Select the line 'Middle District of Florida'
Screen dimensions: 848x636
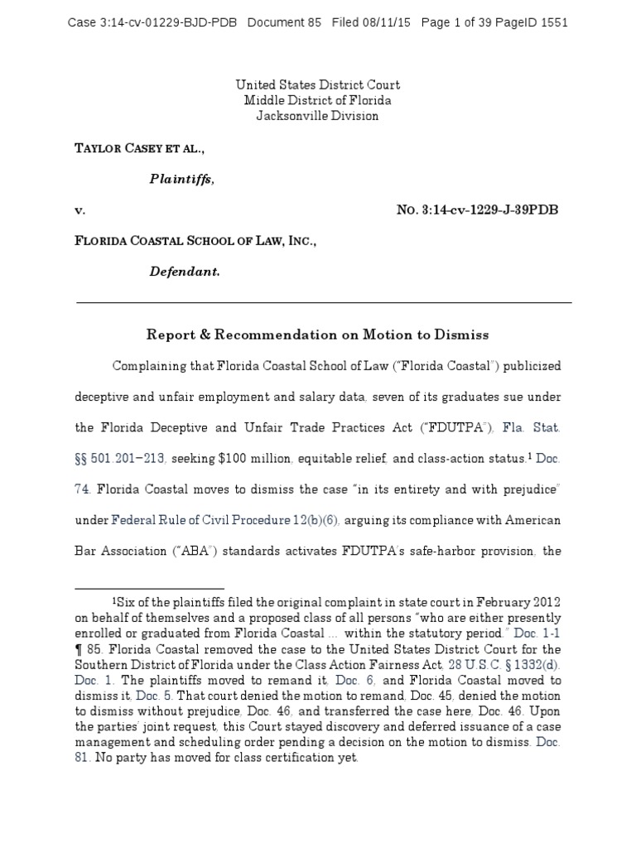tap(317, 100)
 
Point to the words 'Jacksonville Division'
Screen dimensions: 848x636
tap(317, 116)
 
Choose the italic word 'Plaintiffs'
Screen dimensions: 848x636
tap(181, 179)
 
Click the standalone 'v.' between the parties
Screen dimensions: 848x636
tap(80, 210)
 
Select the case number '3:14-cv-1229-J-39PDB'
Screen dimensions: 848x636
tap(489, 210)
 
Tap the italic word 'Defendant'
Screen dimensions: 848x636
tap(184, 271)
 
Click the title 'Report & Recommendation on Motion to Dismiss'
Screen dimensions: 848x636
tap(318, 335)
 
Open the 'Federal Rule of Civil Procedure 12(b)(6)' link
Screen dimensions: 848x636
tap(225, 519)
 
